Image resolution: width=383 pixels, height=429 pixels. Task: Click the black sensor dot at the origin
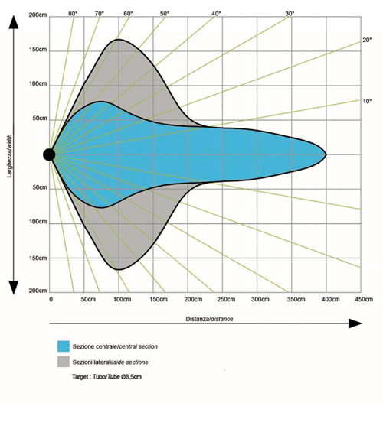[x=49, y=154]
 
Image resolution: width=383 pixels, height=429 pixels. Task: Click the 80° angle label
[x=73, y=14]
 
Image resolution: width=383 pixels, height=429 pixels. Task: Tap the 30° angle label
[x=290, y=14]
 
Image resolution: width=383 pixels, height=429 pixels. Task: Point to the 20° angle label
[x=367, y=40]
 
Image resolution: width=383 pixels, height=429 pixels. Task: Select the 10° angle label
[x=367, y=101]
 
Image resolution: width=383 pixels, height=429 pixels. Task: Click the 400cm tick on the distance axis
[x=330, y=299]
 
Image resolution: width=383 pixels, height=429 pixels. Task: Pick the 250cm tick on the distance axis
[x=226, y=299]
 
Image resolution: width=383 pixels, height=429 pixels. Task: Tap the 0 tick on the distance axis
[x=51, y=299]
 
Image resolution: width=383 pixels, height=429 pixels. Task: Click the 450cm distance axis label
[x=364, y=299]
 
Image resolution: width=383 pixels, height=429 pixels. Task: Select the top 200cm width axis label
[x=38, y=15]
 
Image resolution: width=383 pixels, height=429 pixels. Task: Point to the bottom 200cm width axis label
[x=38, y=291]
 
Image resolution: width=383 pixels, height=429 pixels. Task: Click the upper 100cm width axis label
[x=38, y=83]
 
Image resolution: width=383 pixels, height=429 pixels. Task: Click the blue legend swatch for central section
[x=64, y=346]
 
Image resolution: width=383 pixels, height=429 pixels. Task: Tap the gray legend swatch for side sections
[x=64, y=362]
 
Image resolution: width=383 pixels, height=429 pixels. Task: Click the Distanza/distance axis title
[x=209, y=319]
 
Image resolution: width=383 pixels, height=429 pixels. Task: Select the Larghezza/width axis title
[x=10, y=156]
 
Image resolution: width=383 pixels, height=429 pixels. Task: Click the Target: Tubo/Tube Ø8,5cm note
[x=106, y=377]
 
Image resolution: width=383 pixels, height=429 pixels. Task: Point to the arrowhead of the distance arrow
[x=355, y=323]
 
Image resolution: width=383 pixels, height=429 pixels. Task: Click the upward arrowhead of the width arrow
[x=14, y=22]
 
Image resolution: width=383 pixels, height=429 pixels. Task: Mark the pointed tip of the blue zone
[x=326, y=154]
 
